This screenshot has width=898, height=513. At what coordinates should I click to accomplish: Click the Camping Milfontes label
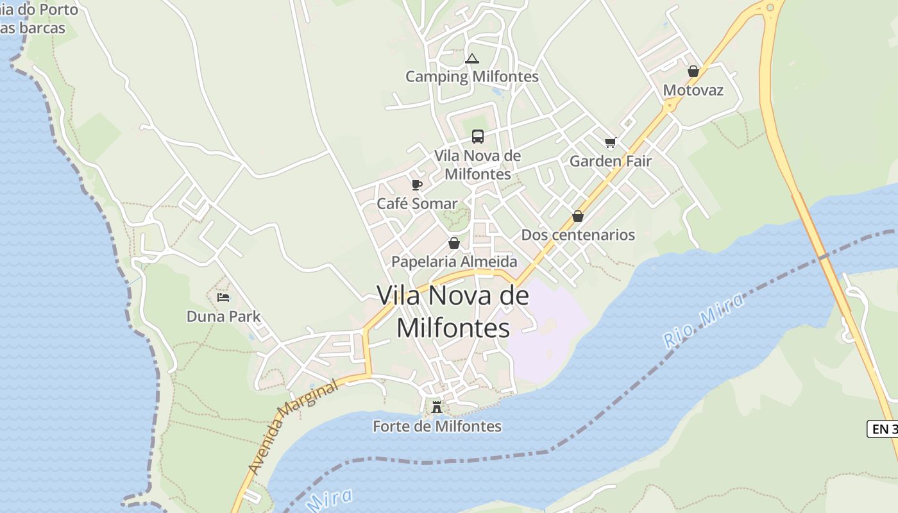(x=471, y=77)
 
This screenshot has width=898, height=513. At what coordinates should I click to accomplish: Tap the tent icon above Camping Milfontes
(x=472, y=59)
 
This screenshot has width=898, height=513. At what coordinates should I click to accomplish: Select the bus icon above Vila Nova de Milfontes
(x=478, y=137)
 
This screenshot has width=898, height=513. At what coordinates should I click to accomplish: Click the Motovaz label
(x=693, y=90)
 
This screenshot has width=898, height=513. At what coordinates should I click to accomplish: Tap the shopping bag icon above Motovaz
(x=693, y=71)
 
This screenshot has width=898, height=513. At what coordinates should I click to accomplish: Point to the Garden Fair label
(x=610, y=162)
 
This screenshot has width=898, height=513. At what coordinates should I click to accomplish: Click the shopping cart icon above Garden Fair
(x=610, y=143)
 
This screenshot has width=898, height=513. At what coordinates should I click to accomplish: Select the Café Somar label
(x=417, y=204)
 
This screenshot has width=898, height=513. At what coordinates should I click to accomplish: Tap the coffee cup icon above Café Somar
(x=417, y=185)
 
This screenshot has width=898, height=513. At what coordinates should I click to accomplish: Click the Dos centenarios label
(x=577, y=235)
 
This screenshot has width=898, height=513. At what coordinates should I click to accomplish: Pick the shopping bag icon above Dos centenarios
(x=578, y=216)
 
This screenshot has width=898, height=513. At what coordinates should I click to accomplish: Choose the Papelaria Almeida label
(x=454, y=262)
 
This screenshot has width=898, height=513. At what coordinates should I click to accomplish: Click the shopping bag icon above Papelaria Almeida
(x=454, y=244)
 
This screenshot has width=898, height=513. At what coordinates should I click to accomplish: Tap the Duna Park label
(x=223, y=316)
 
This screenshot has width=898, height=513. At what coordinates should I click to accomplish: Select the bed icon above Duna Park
(x=223, y=298)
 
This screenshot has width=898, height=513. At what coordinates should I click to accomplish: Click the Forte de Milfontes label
(x=437, y=426)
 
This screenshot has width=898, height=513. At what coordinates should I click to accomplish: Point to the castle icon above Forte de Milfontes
(x=437, y=407)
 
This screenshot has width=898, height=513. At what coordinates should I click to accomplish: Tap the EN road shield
(x=883, y=429)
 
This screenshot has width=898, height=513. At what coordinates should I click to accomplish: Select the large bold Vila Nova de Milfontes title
(x=453, y=312)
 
